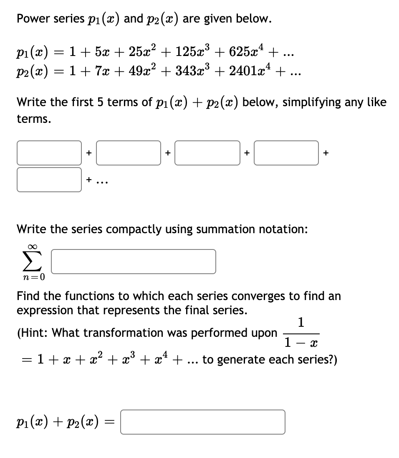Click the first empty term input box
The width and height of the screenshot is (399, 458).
click(49, 153)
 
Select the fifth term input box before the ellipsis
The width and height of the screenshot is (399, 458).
click(49, 180)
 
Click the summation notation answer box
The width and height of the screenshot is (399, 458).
click(134, 262)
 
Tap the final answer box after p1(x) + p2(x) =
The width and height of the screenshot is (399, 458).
click(202, 422)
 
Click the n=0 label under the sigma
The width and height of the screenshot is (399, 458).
click(33, 276)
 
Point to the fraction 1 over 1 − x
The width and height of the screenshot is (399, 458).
click(301, 333)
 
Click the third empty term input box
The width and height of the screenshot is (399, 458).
click(207, 153)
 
